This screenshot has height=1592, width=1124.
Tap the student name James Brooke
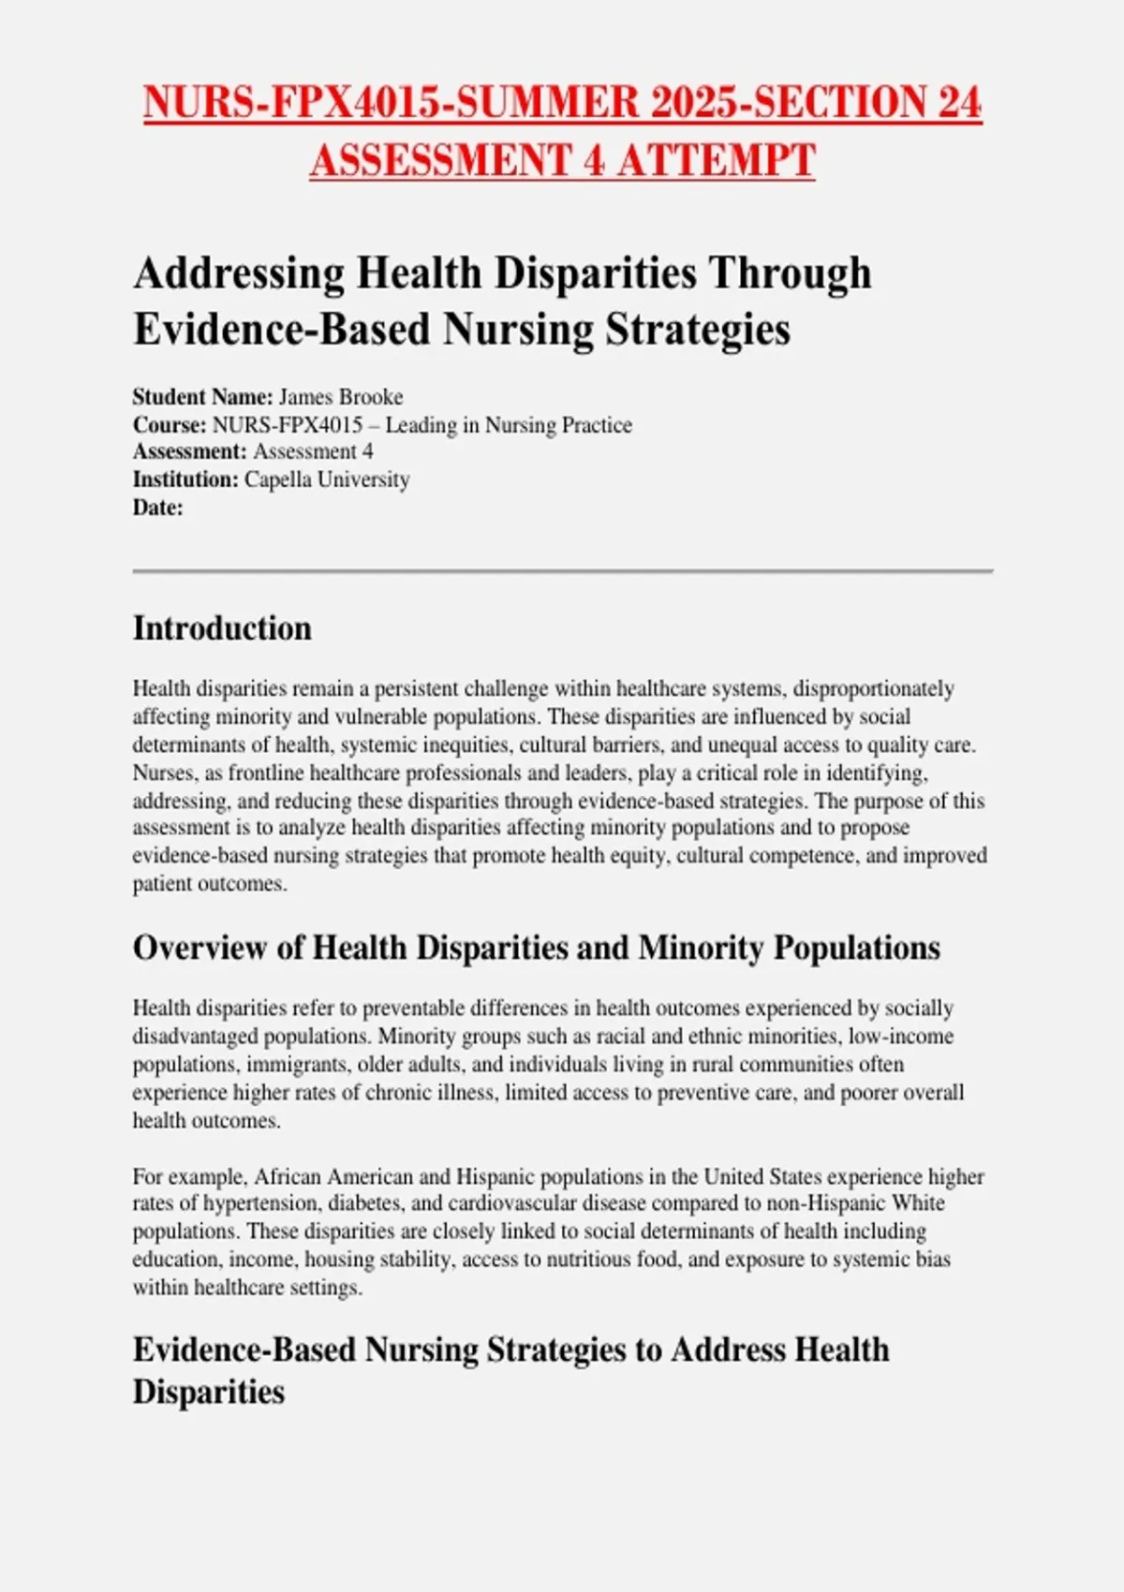(x=341, y=397)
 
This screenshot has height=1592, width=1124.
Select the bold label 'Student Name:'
(x=203, y=397)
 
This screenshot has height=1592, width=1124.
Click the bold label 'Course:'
(x=170, y=425)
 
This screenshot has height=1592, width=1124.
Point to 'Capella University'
(x=327, y=479)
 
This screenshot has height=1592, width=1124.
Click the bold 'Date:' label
(x=157, y=508)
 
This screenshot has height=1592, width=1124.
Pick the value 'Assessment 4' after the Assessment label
(x=313, y=451)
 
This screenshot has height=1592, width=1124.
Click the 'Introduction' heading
(x=222, y=628)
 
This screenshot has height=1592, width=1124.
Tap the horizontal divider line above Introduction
(x=562, y=570)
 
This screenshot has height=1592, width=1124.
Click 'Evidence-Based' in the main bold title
(x=282, y=329)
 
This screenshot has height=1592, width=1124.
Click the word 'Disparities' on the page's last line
(x=208, y=1392)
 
